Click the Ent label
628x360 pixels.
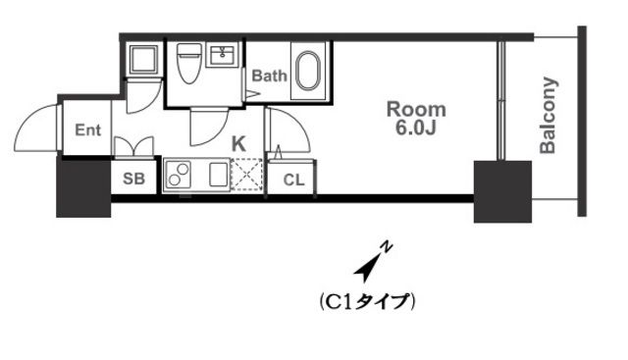click(x=87, y=129)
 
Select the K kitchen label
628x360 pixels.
click(x=238, y=143)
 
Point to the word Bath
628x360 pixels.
click(x=270, y=76)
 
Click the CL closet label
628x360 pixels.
click(x=293, y=180)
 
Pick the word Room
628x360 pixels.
click(x=416, y=108)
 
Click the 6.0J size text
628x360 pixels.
click(x=416, y=128)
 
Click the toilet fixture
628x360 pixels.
click(x=188, y=66)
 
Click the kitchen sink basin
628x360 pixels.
click(x=216, y=177)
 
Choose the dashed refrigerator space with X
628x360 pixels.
click(x=244, y=177)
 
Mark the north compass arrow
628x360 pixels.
click(x=372, y=260)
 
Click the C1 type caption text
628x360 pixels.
click(x=368, y=300)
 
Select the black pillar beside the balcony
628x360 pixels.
click(x=502, y=190)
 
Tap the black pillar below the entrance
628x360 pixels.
click(x=83, y=186)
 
